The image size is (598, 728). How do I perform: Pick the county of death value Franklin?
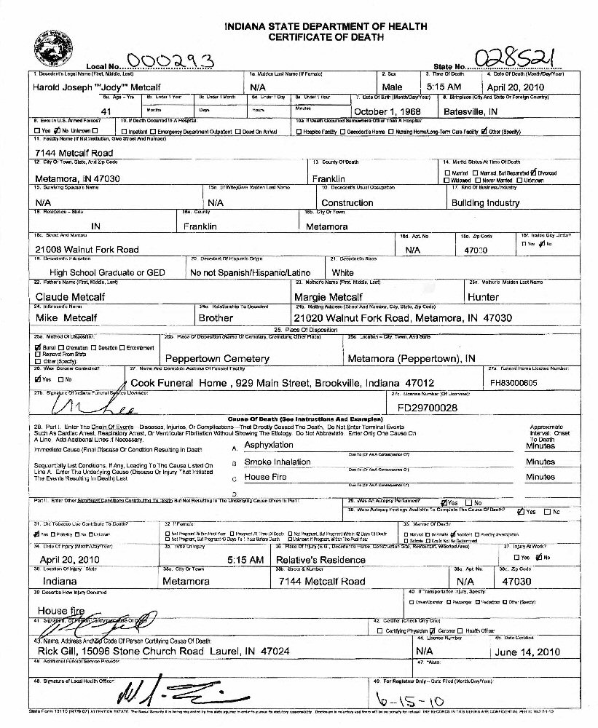(x=332, y=178)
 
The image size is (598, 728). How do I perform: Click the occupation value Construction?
(x=347, y=203)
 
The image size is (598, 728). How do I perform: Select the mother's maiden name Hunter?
(x=484, y=297)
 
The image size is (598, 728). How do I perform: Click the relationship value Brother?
(x=216, y=318)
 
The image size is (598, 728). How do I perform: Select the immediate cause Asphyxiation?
(x=269, y=445)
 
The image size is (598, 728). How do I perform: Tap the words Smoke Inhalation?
(x=278, y=462)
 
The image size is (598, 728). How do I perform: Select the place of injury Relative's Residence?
(x=320, y=560)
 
